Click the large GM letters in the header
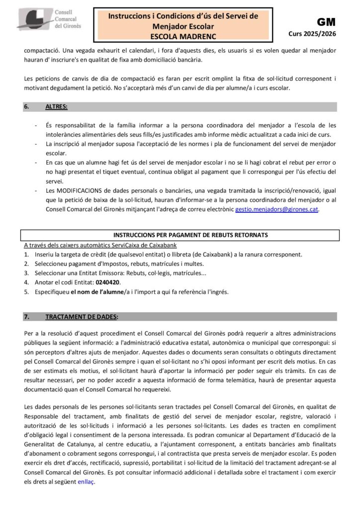[326, 22]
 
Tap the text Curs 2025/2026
[313, 34]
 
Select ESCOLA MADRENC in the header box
[183, 36]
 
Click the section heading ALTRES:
[57, 107]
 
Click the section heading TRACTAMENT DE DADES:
[82, 317]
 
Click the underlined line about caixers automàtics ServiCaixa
[100, 245]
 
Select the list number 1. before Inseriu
[26, 254]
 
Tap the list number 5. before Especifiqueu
[26, 292]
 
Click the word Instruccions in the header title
[129, 16]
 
